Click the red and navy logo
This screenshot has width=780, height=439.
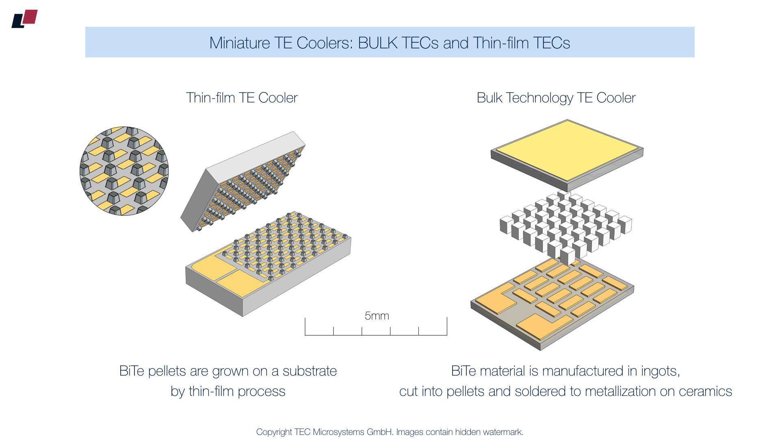(24, 19)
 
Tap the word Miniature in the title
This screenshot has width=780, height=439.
(240, 43)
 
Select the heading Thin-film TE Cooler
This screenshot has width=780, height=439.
(242, 98)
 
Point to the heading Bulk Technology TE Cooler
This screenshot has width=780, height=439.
(556, 98)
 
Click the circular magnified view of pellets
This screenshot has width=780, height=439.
(124, 171)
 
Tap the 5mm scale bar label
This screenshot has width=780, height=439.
(377, 316)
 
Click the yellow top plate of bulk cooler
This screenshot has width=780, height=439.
(567, 149)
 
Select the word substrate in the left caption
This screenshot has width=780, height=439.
(310, 371)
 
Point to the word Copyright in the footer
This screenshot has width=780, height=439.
(274, 432)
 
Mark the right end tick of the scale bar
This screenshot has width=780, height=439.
(447, 326)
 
